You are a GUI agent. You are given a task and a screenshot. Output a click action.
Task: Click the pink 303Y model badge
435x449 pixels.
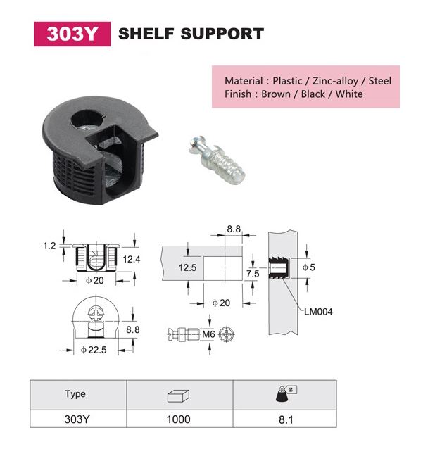click(72, 34)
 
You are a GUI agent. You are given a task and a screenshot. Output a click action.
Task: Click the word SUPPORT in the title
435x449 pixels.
click(222, 34)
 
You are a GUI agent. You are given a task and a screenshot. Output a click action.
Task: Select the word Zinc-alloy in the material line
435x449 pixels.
click(335, 81)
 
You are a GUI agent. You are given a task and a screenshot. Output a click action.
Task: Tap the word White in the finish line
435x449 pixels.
click(349, 94)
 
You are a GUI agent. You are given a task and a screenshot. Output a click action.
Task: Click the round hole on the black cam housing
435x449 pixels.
click(87, 119)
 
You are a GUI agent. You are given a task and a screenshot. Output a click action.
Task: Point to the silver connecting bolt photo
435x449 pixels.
click(217, 160)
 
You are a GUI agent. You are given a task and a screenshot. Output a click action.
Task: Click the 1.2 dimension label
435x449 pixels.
click(49, 246)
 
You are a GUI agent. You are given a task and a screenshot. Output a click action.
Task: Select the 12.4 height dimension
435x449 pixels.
click(132, 259)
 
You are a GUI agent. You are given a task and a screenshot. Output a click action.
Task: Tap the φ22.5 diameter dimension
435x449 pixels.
click(94, 350)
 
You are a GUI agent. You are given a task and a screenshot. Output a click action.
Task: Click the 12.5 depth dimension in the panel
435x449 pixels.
click(187, 267)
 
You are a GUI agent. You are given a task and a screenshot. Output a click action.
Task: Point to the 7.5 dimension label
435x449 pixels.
click(253, 274)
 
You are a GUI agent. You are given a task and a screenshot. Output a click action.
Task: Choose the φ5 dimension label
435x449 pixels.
click(309, 267)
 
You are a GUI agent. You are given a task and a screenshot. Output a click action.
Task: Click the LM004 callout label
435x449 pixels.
click(318, 312)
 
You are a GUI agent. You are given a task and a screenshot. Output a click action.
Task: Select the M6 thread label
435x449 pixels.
click(208, 334)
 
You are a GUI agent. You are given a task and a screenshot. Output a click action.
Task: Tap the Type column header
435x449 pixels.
click(75, 393)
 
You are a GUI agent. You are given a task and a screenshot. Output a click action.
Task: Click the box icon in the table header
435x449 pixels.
click(178, 396)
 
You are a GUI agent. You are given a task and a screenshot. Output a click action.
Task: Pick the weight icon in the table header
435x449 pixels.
click(286, 393)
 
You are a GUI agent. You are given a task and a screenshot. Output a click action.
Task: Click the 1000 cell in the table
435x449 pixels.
click(178, 419)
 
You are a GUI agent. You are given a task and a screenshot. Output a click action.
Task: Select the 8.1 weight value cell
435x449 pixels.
click(286, 419)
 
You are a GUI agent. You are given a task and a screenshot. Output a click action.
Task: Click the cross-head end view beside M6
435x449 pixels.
click(227, 334)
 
